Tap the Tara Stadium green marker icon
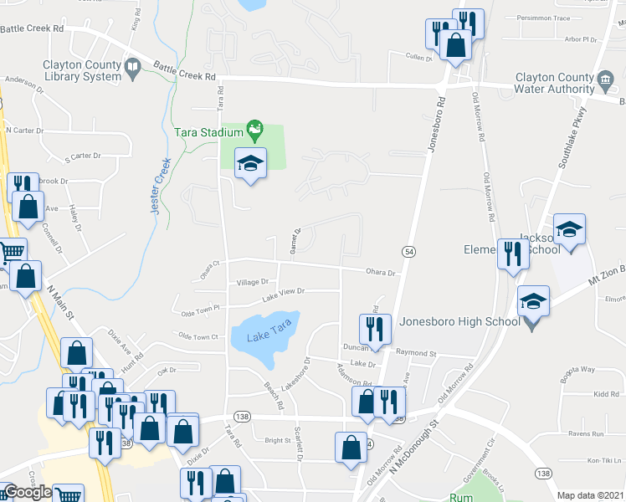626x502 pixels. [255, 130]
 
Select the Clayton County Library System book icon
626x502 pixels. [132, 68]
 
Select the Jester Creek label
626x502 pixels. [161, 186]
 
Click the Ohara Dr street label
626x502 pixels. [380, 272]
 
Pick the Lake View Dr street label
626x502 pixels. [283, 293]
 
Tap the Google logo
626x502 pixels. [27, 492]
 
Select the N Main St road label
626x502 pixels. [61, 302]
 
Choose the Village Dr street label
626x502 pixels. [252, 283]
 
